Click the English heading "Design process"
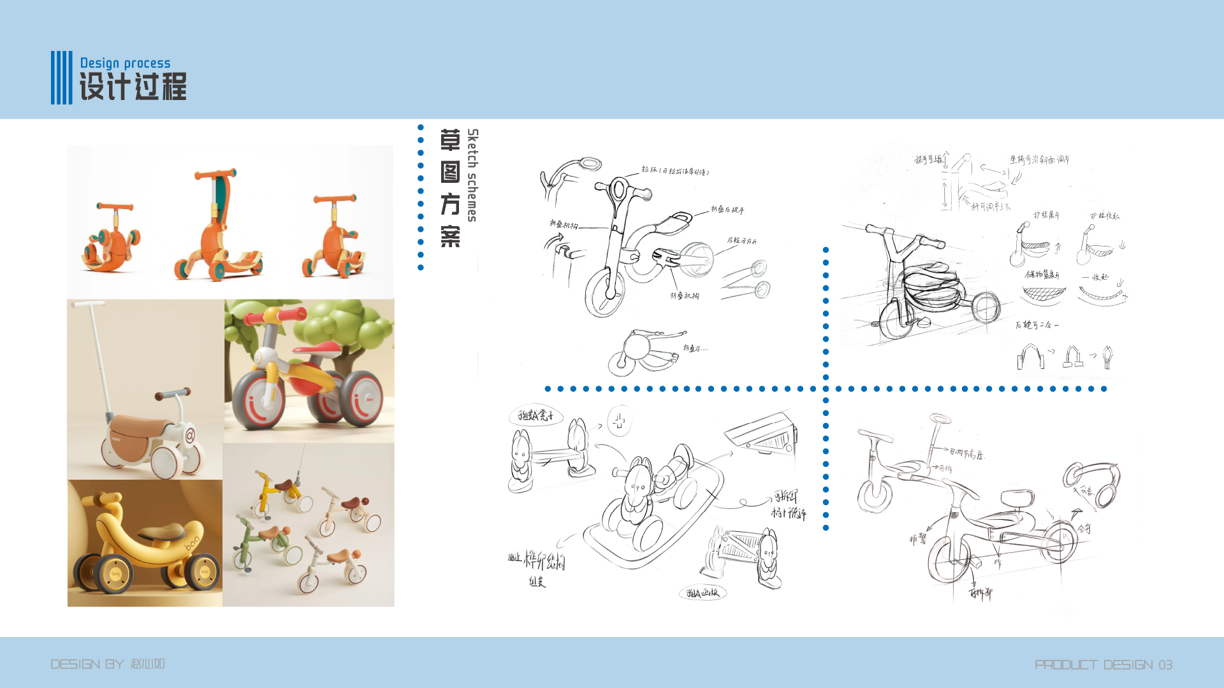point(125,63)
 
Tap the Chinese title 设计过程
point(133,87)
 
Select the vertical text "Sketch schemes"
point(472,175)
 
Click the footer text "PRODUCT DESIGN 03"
point(1104,665)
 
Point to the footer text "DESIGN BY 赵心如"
point(108,664)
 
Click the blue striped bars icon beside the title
point(61,78)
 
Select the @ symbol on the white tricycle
point(189,437)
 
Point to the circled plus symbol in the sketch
point(619,421)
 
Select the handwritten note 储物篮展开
point(1042,275)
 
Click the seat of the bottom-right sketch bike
point(1017,498)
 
